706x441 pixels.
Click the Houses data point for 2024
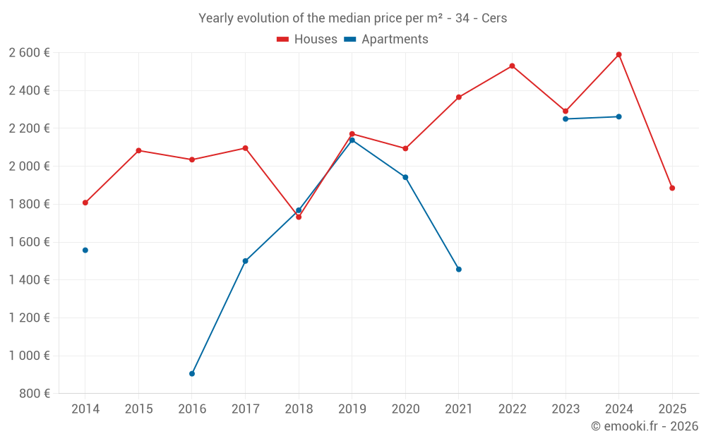(618, 54)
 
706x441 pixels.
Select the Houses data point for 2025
(672, 188)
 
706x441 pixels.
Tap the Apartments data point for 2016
(192, 373)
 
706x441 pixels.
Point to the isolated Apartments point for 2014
(85, 250)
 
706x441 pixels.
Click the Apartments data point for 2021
(459, 269)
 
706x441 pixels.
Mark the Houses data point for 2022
(512, 66)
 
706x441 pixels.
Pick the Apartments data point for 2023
(566, 119)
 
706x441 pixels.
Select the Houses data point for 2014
(85, 203)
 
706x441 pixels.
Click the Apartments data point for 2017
(245, 261)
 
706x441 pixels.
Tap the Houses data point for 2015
(138, 150)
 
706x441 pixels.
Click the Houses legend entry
(307, 40)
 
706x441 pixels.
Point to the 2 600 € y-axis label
(29, 53)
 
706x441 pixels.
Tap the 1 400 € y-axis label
(29, 280)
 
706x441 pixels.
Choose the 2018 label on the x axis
(299, 409)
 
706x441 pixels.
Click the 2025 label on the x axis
(672, 409)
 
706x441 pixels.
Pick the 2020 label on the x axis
(405, 409)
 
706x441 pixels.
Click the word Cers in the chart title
(494, 18)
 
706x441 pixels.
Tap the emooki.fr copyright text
(645, 426)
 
